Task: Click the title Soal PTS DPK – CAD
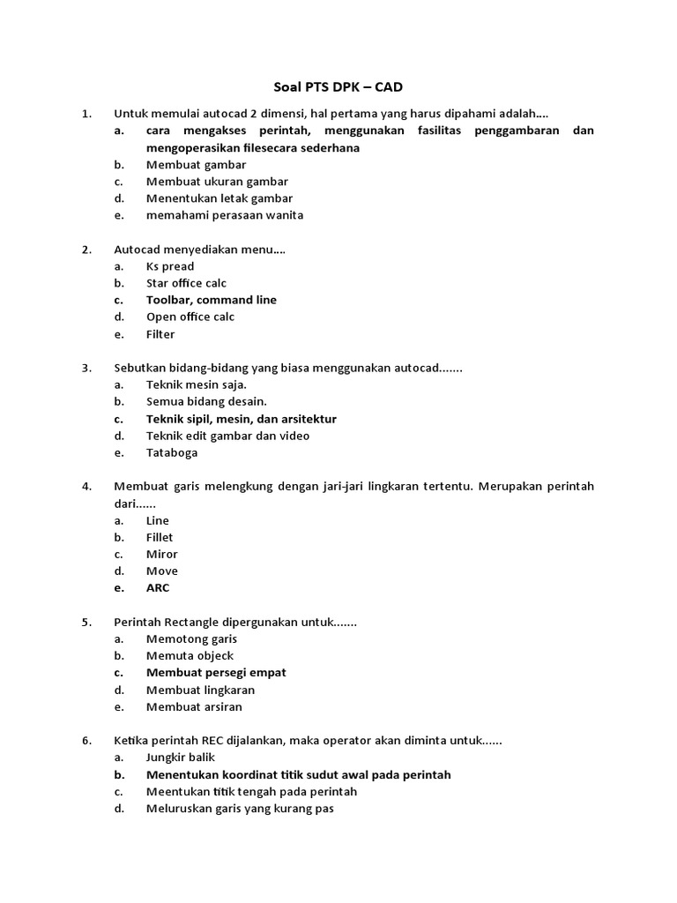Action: click(338, 87)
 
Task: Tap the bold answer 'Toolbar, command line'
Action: click(212, 300)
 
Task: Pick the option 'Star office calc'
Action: click(186, 283)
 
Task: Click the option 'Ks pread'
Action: click(170, 266)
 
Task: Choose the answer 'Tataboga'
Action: click(172, 453)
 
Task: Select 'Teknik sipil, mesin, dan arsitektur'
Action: click(241, 419)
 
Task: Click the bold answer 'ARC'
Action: click(158, 588)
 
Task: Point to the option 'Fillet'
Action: click(160, 537)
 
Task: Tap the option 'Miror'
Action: click(161, 554)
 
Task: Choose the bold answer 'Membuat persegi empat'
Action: click(216, 673)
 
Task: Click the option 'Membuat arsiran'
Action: click(194, 707)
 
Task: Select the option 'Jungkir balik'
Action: click(181, 757)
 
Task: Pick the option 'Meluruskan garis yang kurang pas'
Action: click(240, 809)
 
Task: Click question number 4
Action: click(86, 486)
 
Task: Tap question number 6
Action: click(86, 741)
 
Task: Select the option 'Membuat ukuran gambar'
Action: click(205, 182)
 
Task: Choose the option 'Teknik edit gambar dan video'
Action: click(227, 436)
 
